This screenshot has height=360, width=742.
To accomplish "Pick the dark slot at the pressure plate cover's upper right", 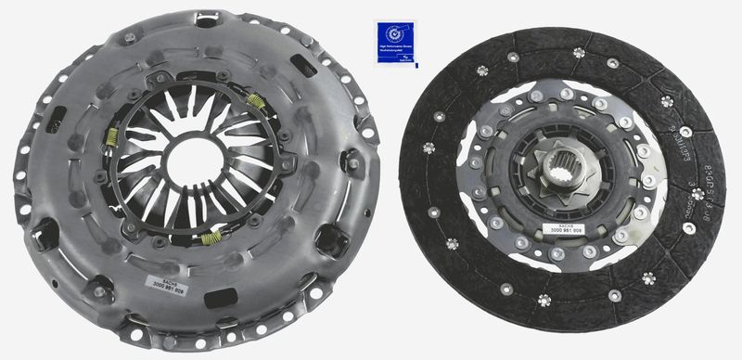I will click(x=303, y=66).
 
